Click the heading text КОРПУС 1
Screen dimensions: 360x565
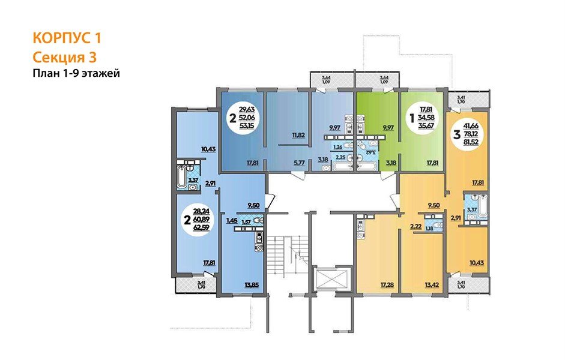coord(67,39)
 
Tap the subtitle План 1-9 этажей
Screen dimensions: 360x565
coord(76,74)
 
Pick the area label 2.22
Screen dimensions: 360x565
coord(414,226)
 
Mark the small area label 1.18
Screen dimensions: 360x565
coord(429,228)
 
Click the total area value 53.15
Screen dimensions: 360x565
coord(247,127)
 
